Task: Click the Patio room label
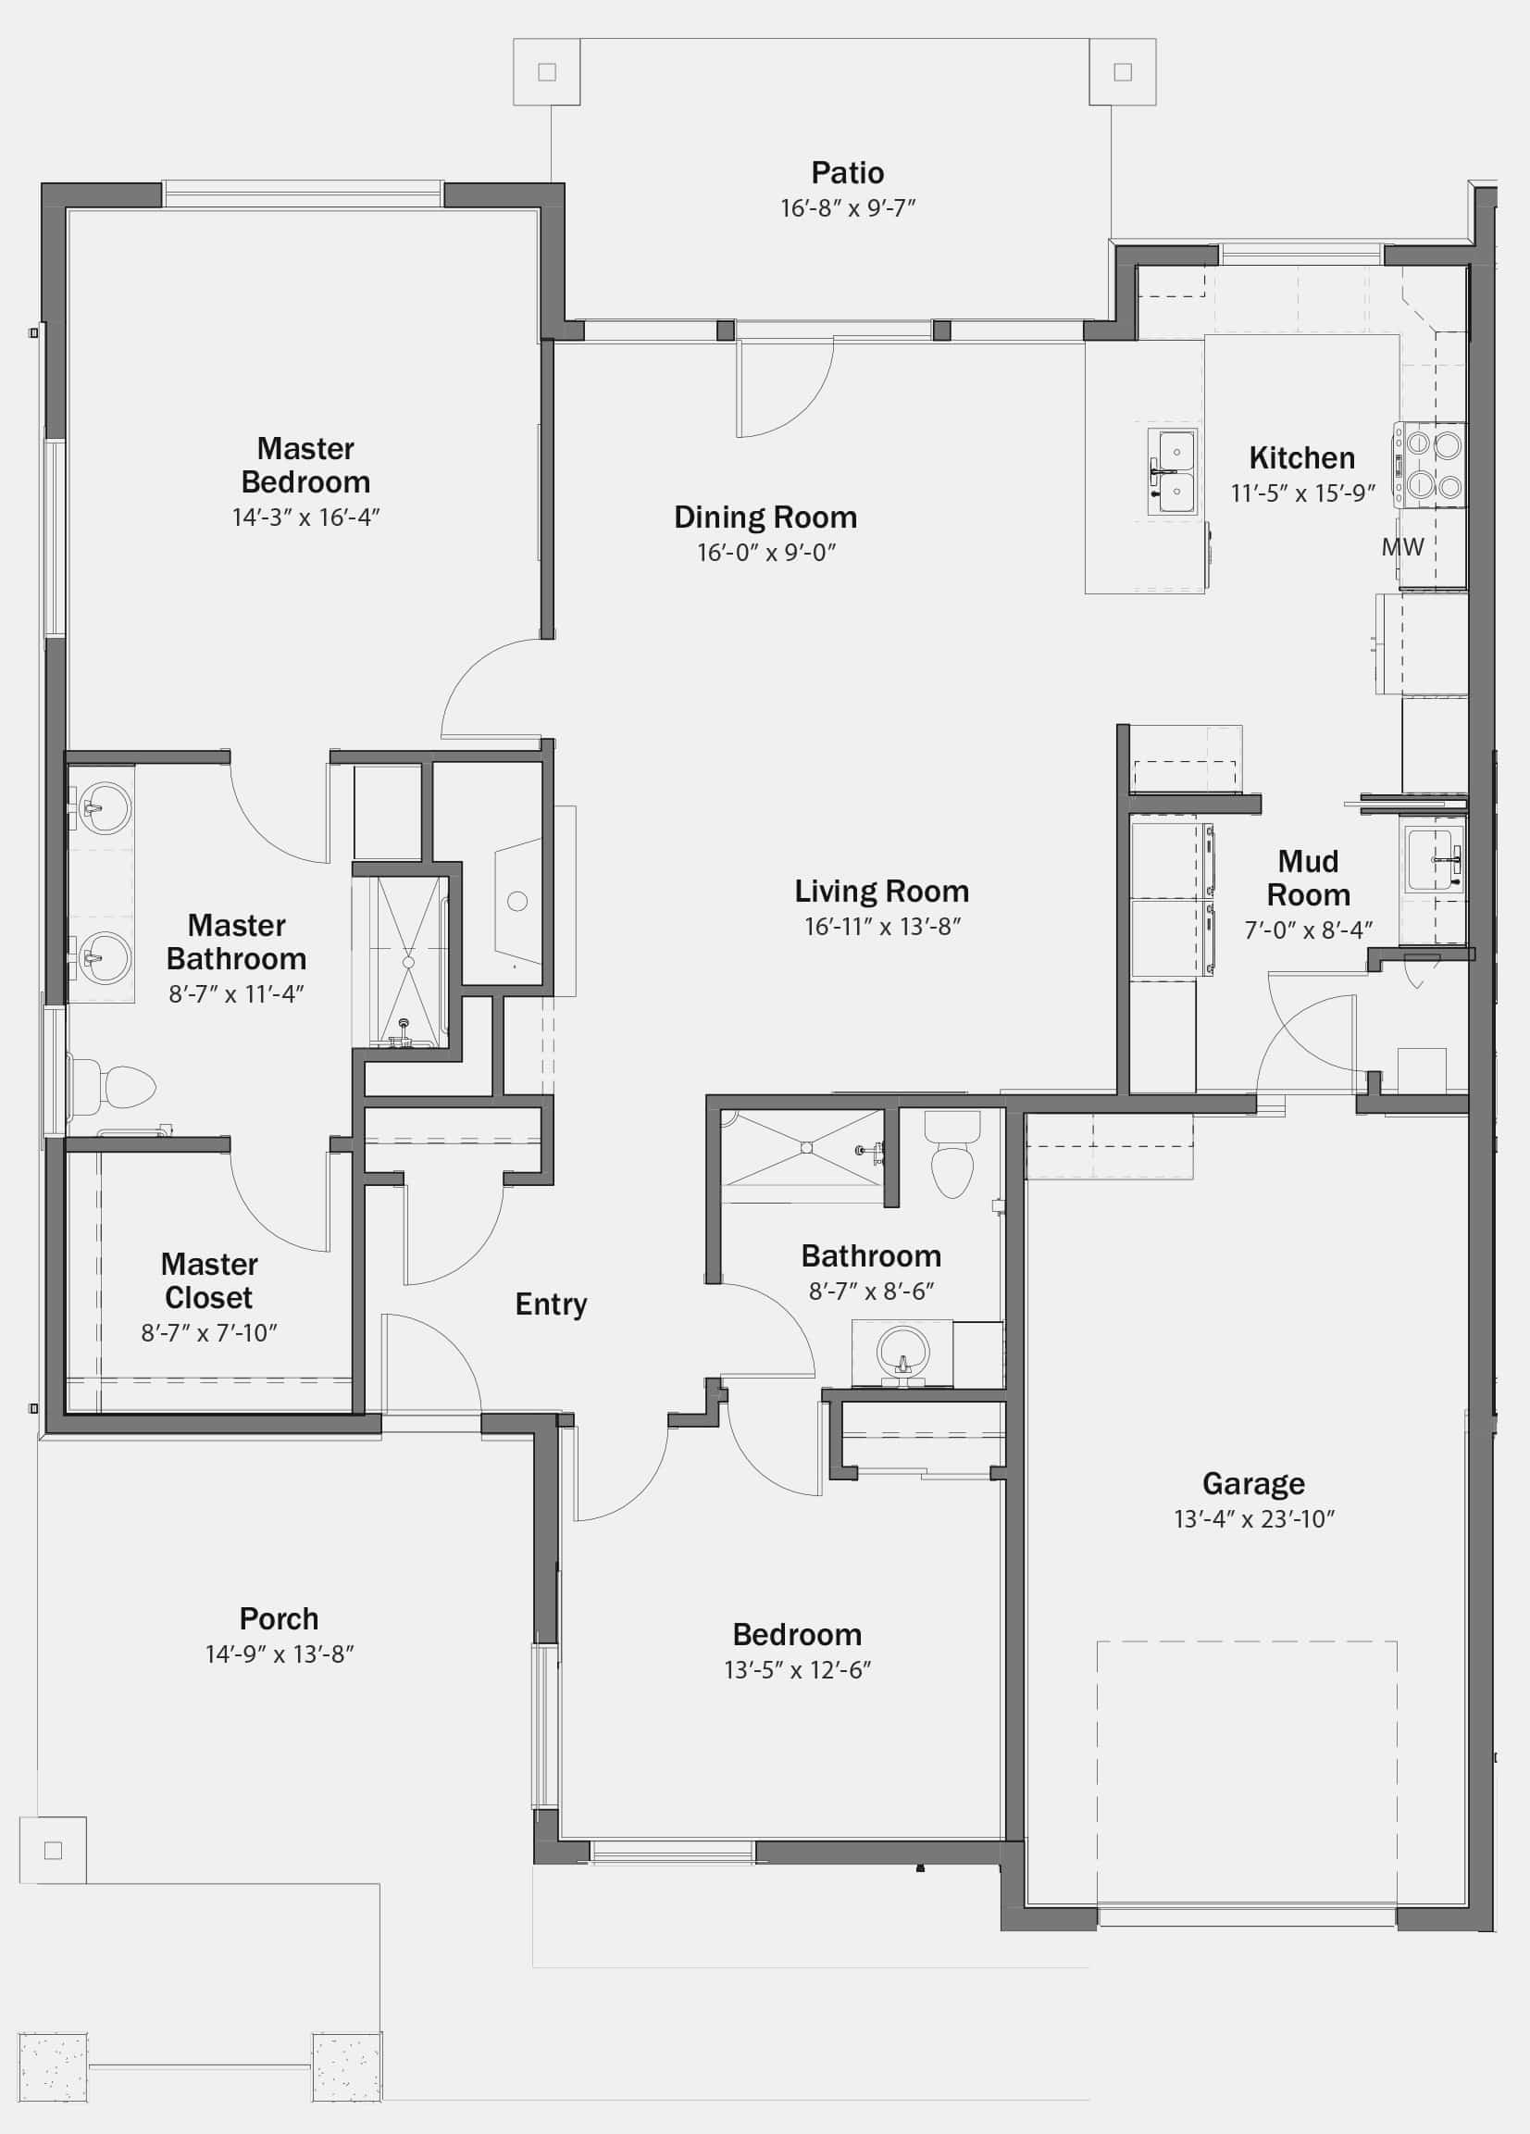(x=847, y=173)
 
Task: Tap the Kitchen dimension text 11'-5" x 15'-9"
(x=1303, y=493)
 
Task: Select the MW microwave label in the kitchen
(x=1402, y=545)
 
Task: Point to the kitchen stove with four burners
(x=1430, y=465)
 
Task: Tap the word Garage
(x=1253, y=1484)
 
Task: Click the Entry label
(x=552, y=1304)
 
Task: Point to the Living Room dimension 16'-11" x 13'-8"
(x=882, y=927)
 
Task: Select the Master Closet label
(x=209, y=1280)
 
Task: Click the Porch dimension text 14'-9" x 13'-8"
(x=280, y=1654)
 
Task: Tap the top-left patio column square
(x=547, y=71)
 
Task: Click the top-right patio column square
(x=1123, y=71)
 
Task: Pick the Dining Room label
(x=765, y=518)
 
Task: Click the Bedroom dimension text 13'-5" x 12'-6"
(x=797, y=1670)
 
